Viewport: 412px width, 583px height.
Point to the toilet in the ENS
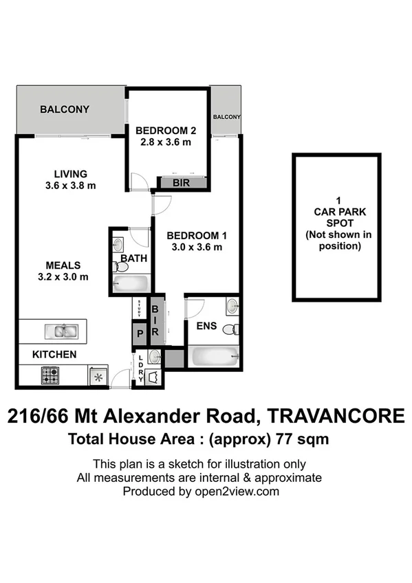[234, 328]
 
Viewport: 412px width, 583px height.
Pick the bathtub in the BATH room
[129, 283]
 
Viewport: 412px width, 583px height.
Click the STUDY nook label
[140, 309]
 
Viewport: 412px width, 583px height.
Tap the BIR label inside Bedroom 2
[182, 183]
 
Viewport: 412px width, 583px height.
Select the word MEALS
[63, 265]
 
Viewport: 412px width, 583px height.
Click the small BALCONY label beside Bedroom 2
[226, 118]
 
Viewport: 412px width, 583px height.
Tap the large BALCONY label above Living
[65, 109]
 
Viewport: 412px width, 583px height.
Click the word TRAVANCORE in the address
[335, 417]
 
